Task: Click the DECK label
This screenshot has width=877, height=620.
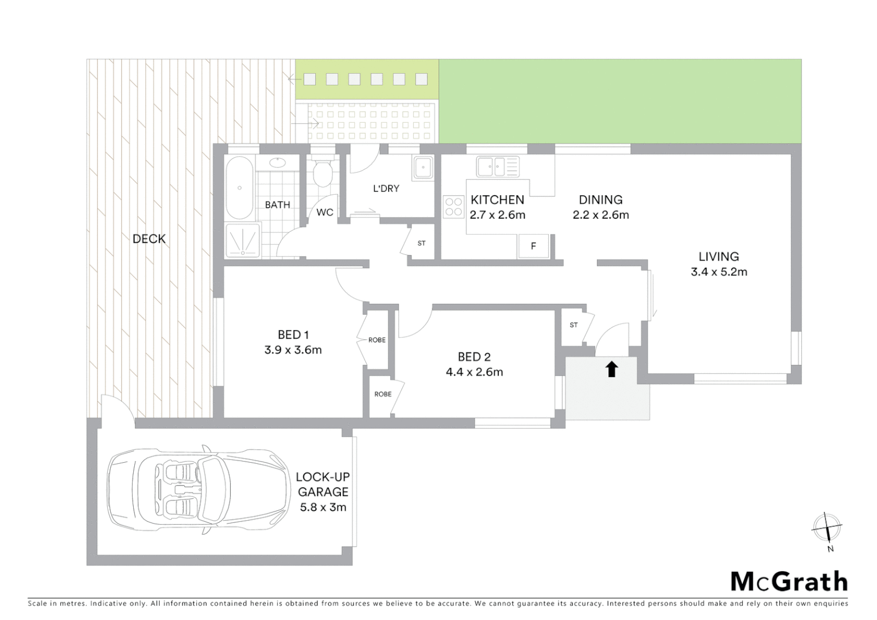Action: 149,239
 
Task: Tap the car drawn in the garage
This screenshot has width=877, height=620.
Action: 199,491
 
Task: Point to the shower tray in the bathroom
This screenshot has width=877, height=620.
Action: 242,239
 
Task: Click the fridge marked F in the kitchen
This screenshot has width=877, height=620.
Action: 533,246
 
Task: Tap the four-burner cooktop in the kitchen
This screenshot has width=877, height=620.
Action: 453,207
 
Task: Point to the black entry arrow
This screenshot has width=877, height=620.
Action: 611,369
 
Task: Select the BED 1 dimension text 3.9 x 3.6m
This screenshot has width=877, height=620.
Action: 293,350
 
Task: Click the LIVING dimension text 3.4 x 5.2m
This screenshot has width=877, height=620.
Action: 719,272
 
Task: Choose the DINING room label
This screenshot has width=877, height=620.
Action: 600,200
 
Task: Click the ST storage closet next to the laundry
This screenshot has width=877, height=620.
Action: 421,243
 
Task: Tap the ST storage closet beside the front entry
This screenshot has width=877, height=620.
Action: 573,325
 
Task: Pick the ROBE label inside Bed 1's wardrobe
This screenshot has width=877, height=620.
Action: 377,340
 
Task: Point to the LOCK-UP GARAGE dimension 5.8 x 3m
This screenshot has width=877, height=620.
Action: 323,507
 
